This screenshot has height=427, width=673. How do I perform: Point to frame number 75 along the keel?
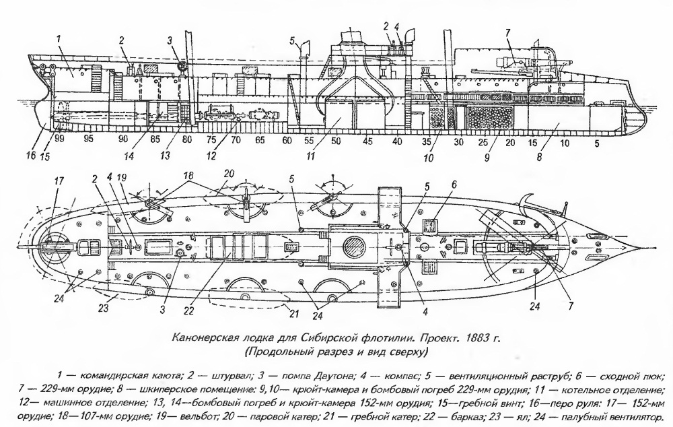(211, 141)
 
